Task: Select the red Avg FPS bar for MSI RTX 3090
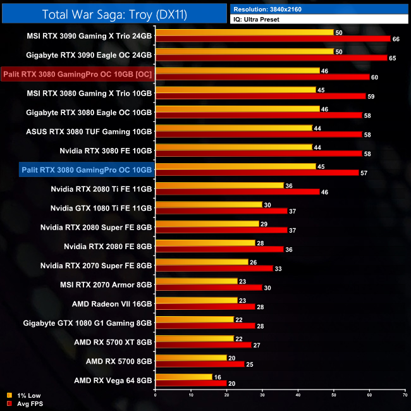273,39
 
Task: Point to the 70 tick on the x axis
405,395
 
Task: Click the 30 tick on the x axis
262,395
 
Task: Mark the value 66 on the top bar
396,39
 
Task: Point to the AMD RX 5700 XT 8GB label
113,342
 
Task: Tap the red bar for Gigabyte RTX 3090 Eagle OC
271,58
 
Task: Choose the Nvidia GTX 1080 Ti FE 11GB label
101,207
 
